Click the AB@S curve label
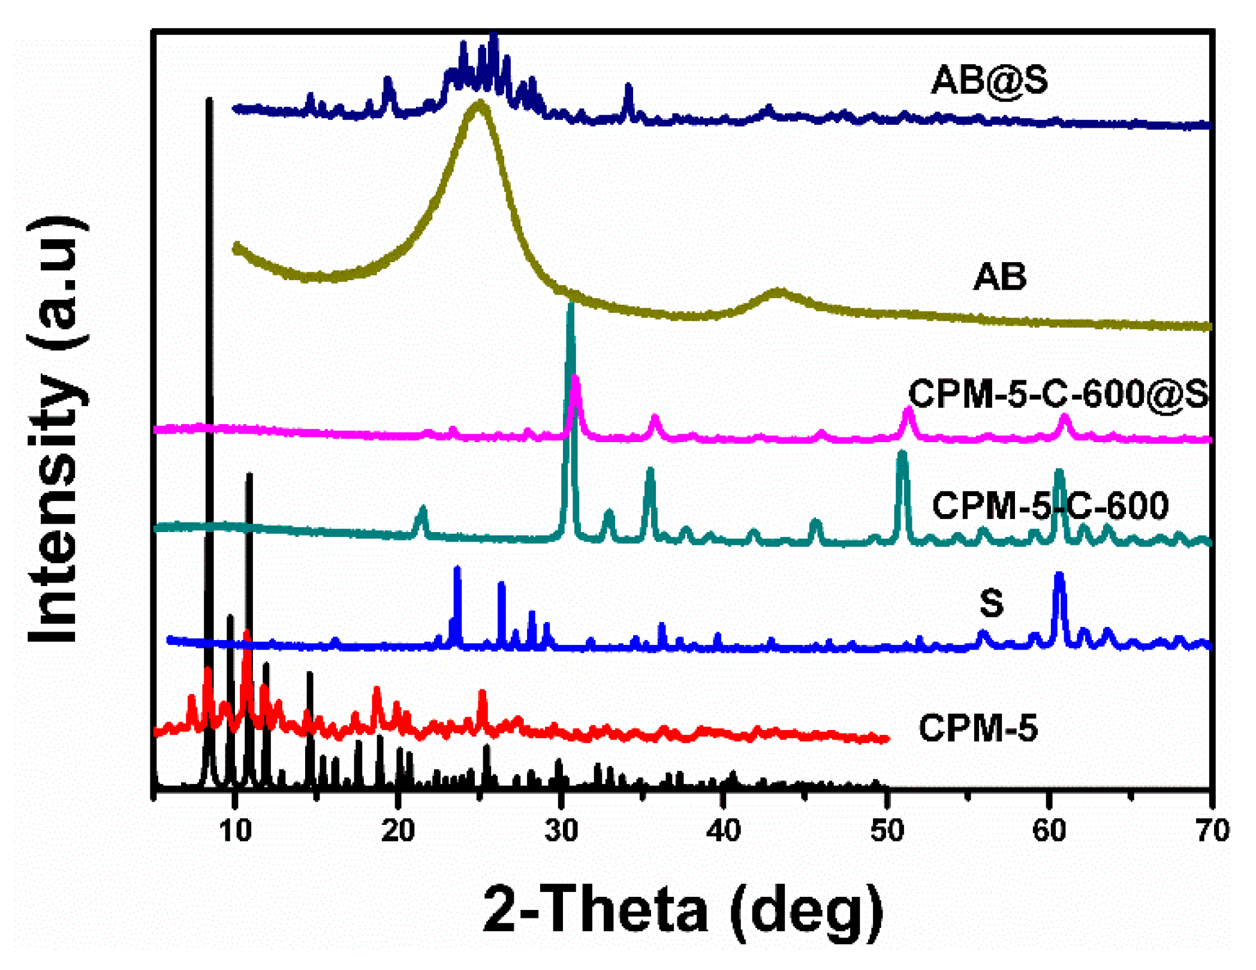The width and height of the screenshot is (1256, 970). pos(990,79)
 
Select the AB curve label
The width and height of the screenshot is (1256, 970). pos(999,277)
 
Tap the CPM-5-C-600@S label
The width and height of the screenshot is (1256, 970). pos(1059,394)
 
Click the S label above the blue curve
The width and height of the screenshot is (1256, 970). pos(992,603)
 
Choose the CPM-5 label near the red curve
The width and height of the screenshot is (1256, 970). pos(978,728)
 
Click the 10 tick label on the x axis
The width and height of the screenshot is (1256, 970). pos(235,831)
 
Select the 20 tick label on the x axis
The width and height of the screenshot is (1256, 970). pos(398,831)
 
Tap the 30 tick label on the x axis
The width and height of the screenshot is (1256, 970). pos(561,831)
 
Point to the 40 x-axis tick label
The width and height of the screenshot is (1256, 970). pos(724,831)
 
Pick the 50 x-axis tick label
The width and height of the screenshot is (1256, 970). pos(887,831)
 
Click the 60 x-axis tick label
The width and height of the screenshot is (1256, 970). pos(1049,831)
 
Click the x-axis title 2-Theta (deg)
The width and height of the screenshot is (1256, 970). pos(683,911)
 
